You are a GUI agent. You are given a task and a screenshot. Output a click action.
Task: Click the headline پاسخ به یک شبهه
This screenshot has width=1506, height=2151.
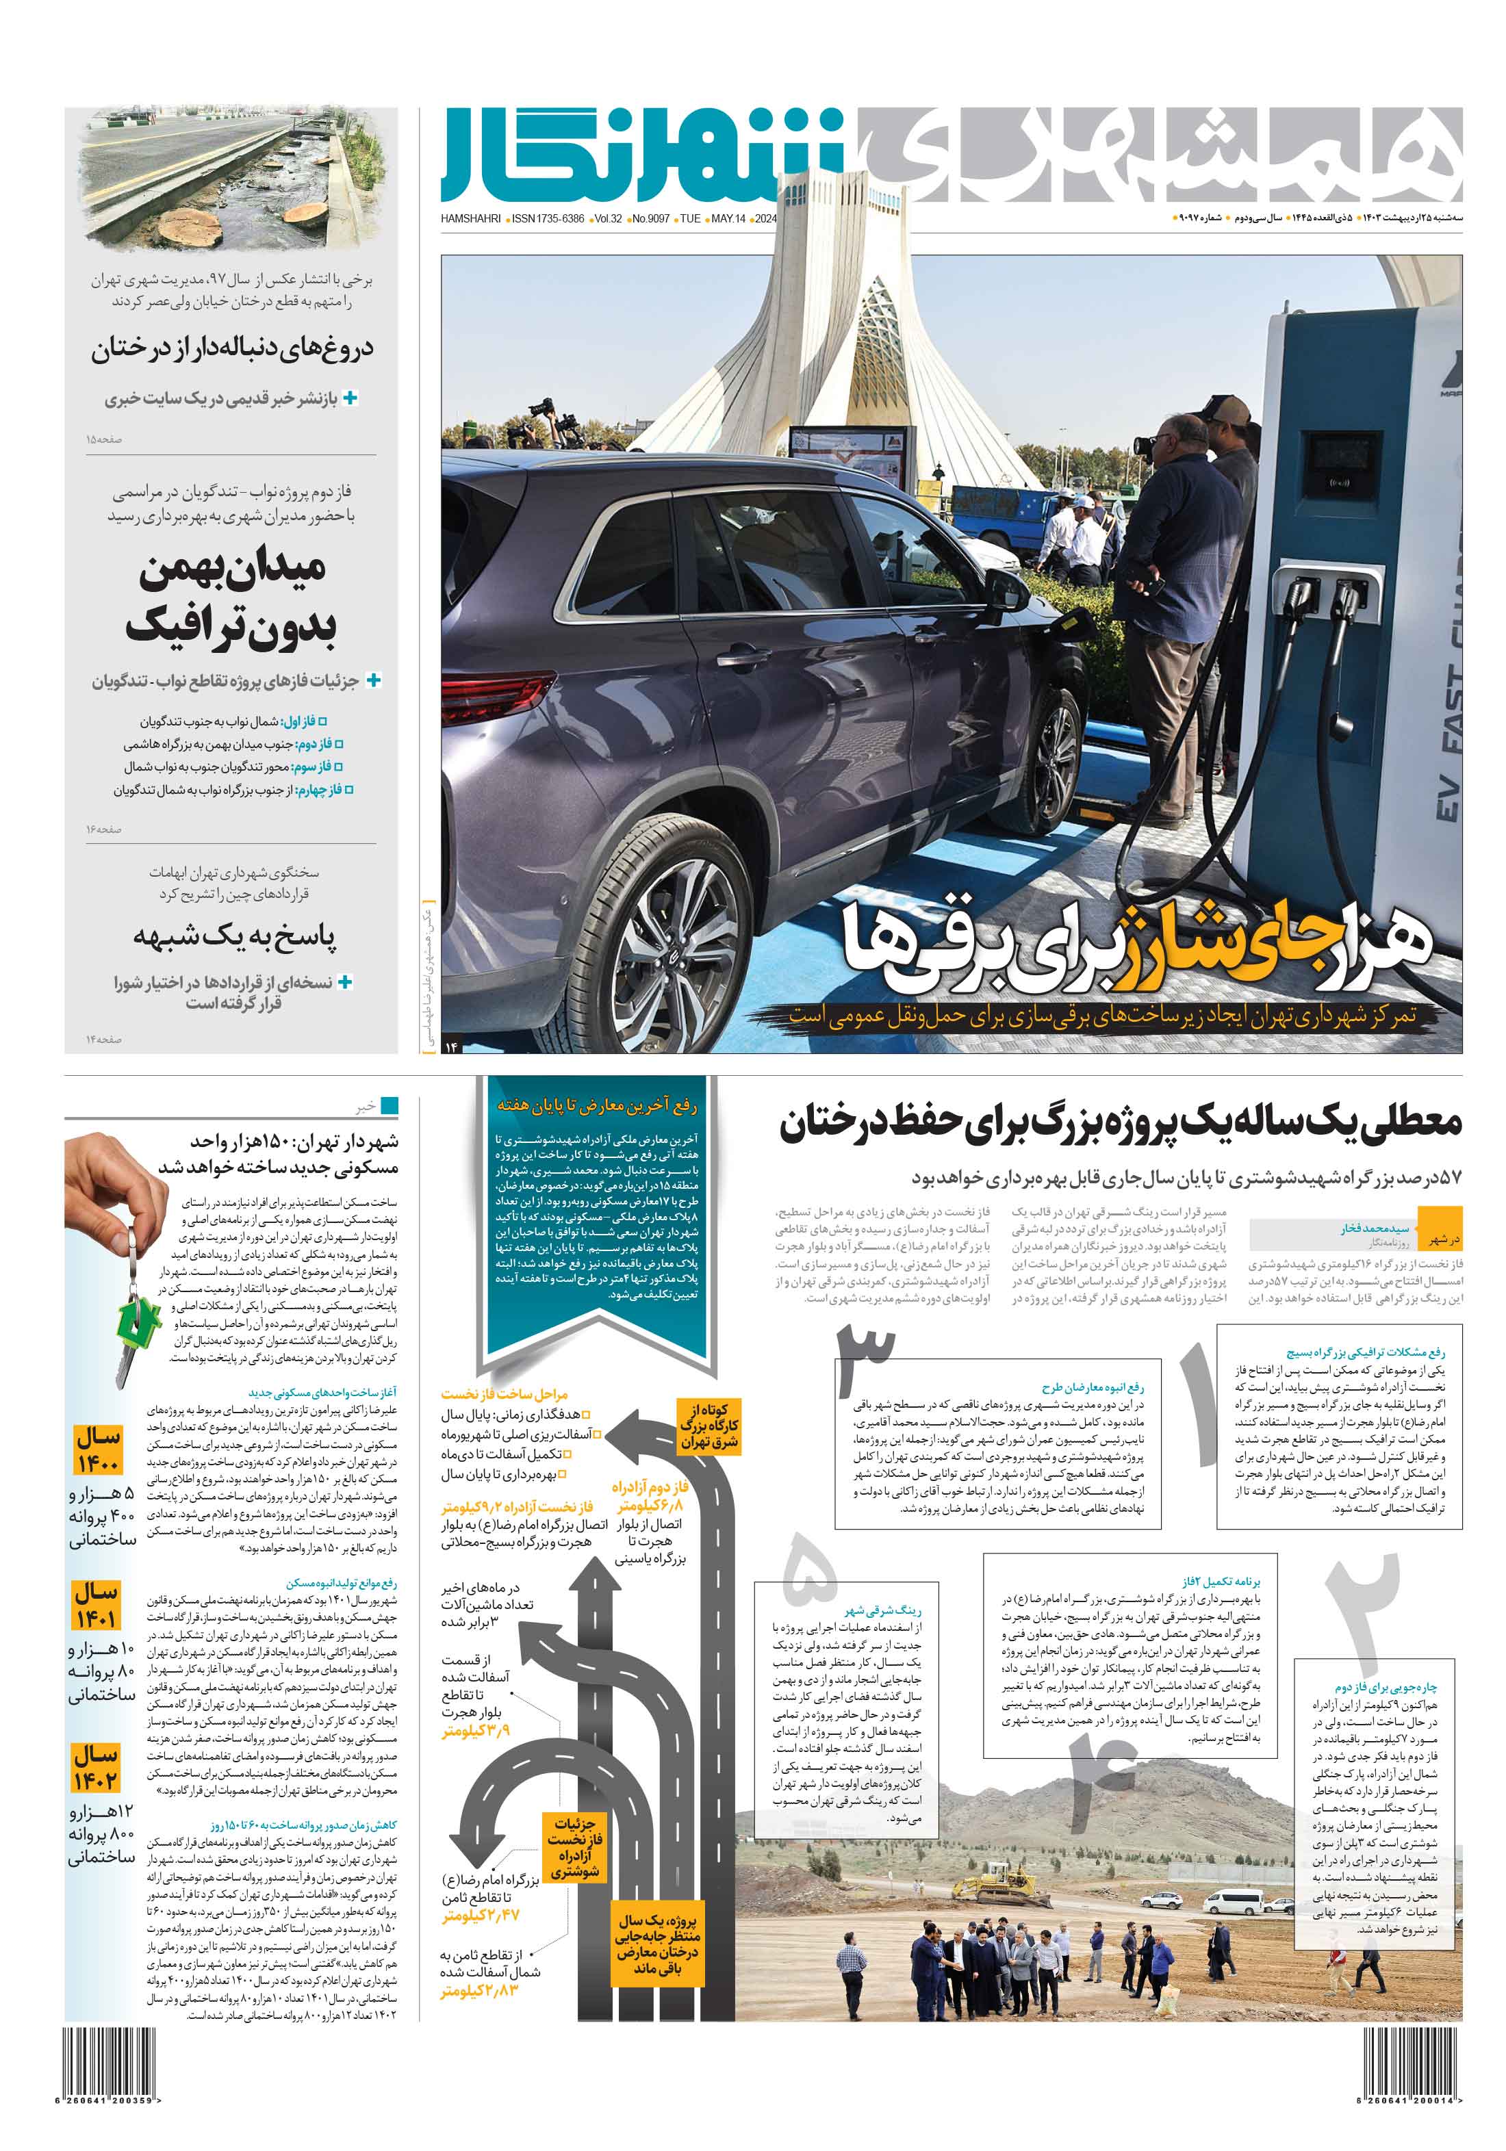click(234, 935)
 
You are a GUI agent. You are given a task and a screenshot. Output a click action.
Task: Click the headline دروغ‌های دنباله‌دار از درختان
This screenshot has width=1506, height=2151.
click(233, 348)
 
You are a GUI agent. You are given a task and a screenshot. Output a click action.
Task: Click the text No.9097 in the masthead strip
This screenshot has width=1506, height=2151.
click(650, 218)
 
